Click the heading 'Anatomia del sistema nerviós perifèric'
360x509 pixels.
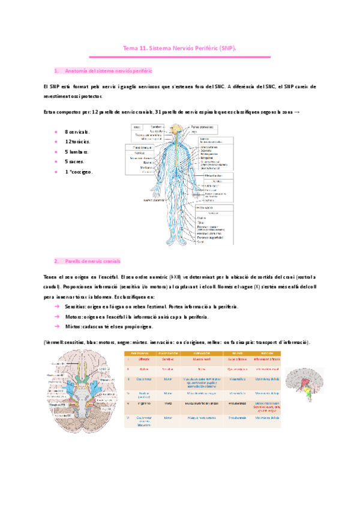point(108,70)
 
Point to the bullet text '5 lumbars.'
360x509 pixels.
point(76,152)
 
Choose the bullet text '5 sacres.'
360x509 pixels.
point(74,162)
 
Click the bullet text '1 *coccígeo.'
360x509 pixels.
point(78,172)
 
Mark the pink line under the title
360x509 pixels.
point(179,56)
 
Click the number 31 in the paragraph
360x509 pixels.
point(158,112)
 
